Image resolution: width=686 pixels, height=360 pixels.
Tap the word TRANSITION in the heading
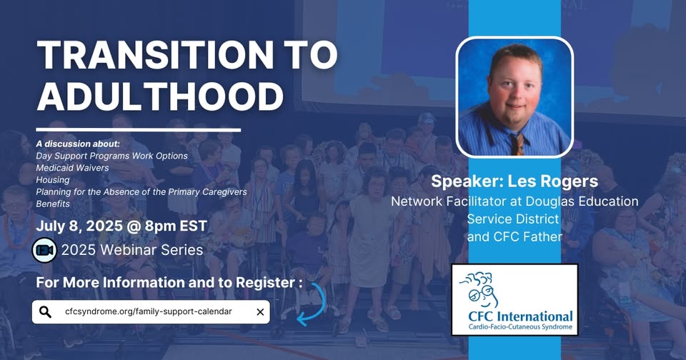point(155,55)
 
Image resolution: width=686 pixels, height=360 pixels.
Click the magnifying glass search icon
point(45,312)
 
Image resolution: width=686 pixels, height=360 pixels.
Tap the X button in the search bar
point(260,312)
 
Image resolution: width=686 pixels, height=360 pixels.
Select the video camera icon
point(44,250)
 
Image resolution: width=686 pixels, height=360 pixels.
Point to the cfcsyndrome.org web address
point(149,311)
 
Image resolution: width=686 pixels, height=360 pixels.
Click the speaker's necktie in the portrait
point(517,144)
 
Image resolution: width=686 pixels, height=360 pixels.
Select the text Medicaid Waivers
point(72,168)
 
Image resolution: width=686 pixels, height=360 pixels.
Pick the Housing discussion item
point(52,180)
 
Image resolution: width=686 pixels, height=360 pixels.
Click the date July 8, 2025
point(79,226)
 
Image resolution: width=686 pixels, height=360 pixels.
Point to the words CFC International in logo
point(520,316)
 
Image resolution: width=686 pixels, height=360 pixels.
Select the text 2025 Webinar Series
point(132,250)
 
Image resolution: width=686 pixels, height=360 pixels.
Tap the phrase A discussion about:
point(78,144)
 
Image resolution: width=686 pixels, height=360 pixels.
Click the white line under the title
point(138,130)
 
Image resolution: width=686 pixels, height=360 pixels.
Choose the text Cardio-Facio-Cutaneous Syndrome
point(520,327)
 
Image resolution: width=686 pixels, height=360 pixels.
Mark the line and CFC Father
point(514,236)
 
